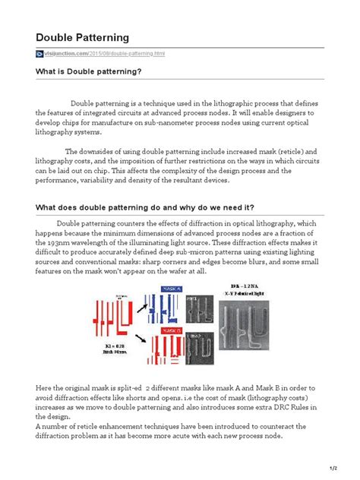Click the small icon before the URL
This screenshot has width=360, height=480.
coord(39,55)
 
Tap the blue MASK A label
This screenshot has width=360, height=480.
coord(172,289)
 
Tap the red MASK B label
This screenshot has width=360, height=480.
coord(172,332)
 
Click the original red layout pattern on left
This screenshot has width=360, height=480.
coord(111,315)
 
